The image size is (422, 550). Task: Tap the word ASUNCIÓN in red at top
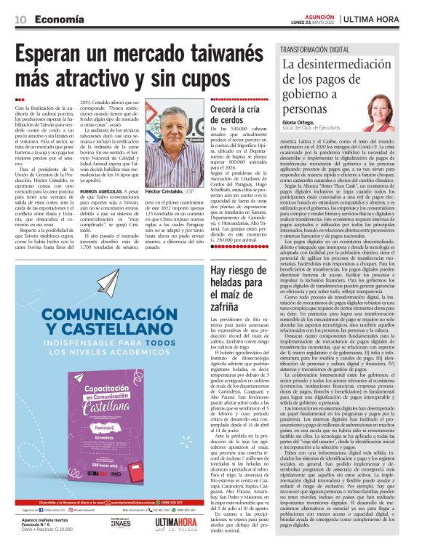[x=313, y=14]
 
